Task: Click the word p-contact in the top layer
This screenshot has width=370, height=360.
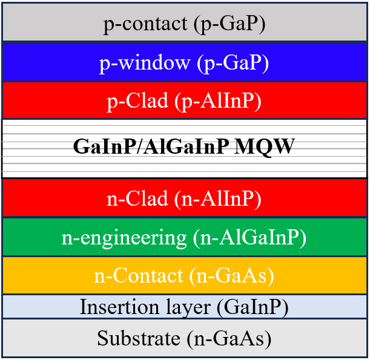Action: point(145,24)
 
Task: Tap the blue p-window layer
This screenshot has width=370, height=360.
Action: point(185,62)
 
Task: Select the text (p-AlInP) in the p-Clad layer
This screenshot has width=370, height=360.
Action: point(218,102)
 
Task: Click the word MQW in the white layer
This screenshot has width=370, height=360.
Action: point(264,147)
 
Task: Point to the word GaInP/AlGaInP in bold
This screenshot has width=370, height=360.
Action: point(151,146)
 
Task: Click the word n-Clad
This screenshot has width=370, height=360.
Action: point(137,198)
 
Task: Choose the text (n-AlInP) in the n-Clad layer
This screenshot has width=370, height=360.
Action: point(218,199)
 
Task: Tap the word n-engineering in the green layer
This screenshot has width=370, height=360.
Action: point(124,238)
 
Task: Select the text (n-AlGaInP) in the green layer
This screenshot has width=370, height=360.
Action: point(249,238)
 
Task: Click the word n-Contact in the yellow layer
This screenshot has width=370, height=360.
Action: point(139,275)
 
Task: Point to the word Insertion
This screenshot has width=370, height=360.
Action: point(119,307)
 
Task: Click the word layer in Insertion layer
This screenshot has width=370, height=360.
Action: point(188,308)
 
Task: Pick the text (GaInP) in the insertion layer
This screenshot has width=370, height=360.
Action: point(253,307)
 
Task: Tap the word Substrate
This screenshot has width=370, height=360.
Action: point(139,338)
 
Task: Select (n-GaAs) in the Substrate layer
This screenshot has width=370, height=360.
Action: point(229,339)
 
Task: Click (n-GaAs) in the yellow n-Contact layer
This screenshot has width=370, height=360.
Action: point(231,276)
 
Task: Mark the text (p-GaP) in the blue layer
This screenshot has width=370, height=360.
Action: point(233,63)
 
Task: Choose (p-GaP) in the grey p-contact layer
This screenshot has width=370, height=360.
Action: point(230,24)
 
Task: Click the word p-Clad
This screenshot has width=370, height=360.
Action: point(137,102)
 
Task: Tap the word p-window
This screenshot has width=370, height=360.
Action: point(144,63)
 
